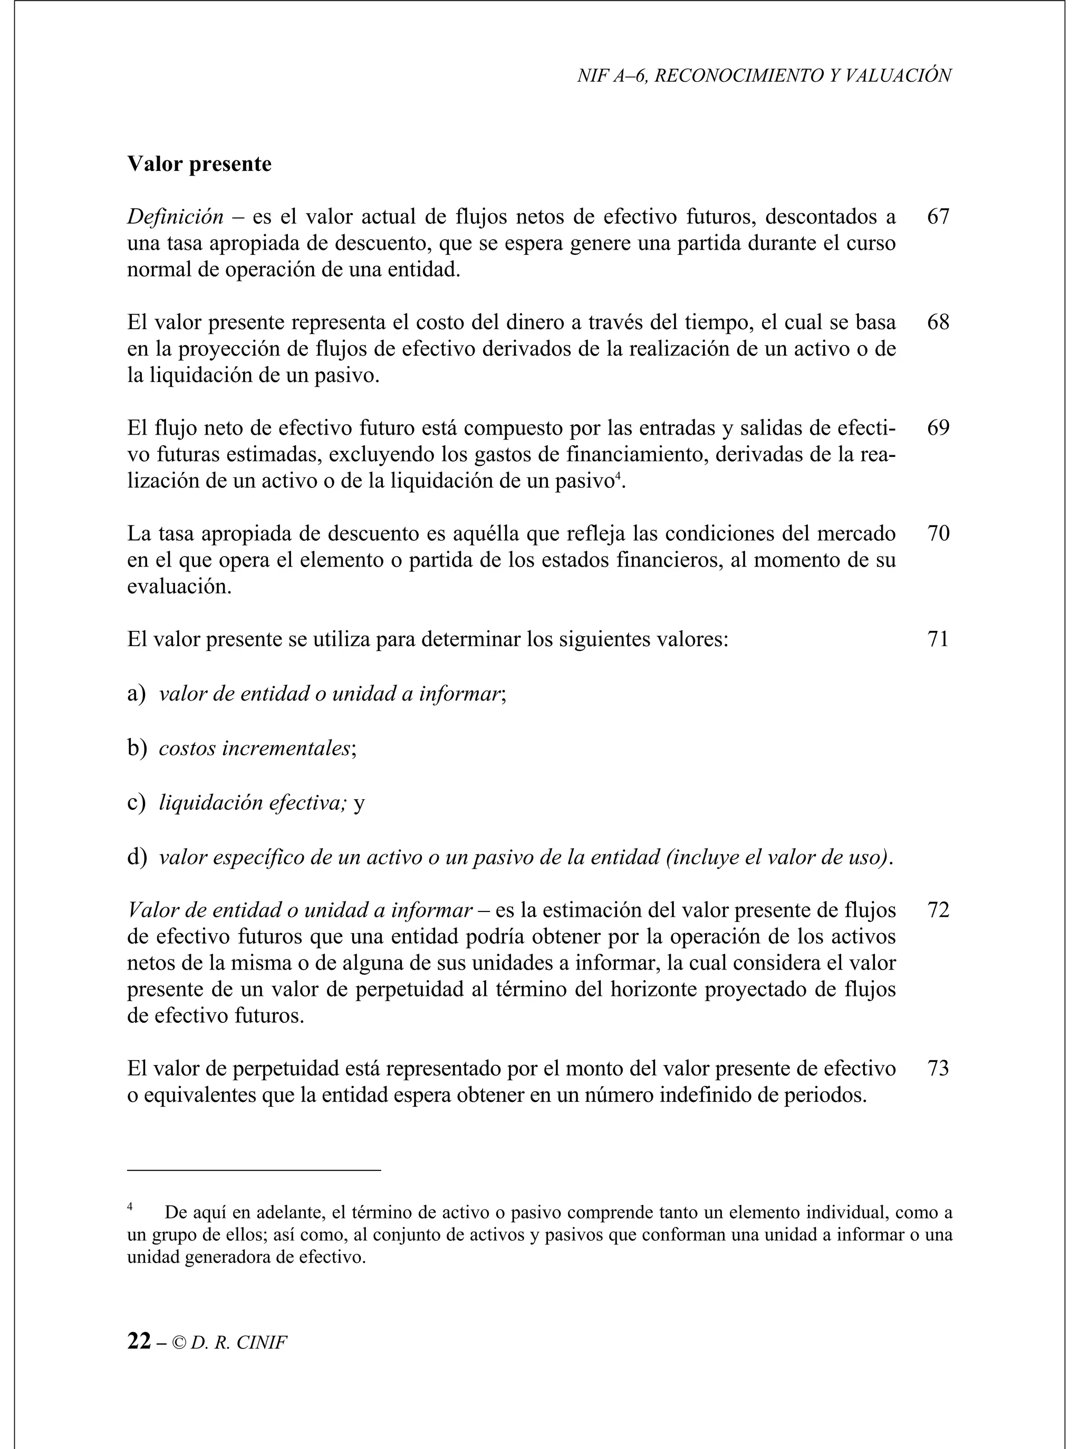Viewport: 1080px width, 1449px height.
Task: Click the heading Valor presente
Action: pyautogui.click(x=199, y=164)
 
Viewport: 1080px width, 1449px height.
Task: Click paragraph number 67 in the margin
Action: pyautogui.click(x=938, y=216)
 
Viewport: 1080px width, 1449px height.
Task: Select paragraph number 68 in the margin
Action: pyautogui.click(x=938, y=322)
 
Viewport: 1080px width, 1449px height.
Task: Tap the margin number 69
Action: pyautogui.click(x=938, y=428)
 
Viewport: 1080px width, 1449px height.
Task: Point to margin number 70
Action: pyautogui.click(x=938, y=534)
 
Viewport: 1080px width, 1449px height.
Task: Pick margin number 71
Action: pyautogui.click(x=938, y=639)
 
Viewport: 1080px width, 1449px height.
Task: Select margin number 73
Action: pyautogui.click(x=938, y=1069)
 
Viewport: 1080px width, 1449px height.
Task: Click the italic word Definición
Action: pyautogui.click(x=175, y=216)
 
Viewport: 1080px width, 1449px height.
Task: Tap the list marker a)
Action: pyautogui.click(x=136, y=694)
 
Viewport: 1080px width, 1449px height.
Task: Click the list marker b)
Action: pyautogui.click(x=137, y=748)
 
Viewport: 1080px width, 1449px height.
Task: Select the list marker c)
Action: pyautogui.click(x=136, y=803)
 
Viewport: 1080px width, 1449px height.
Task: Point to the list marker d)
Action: pyautogui.click(x=137, y=857)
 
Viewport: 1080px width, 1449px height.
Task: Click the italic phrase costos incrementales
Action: pyautogui.click(x=254, y=748)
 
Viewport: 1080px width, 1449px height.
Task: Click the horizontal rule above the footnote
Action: pyautogui.click(x=254, y=1170)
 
